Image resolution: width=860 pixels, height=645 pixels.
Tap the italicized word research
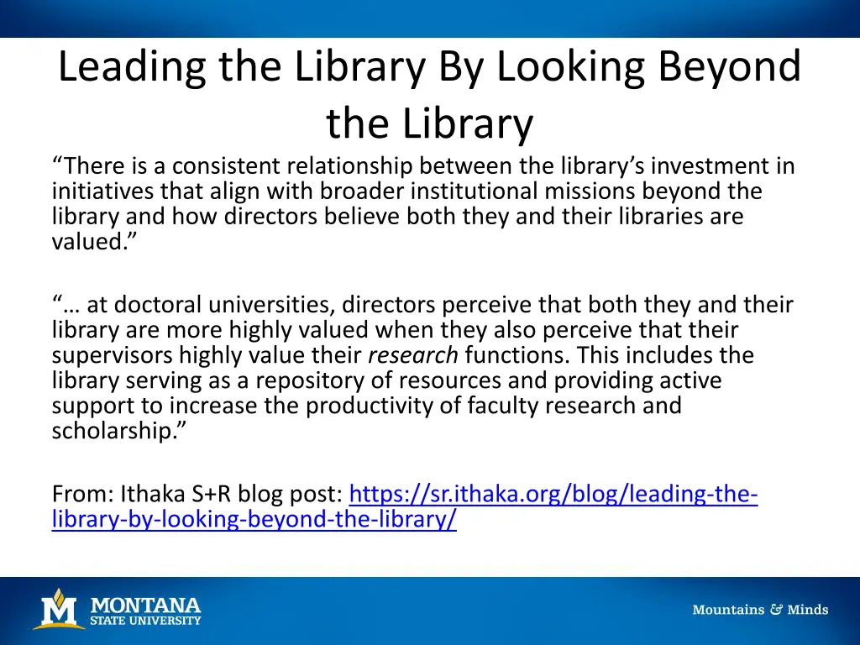pos(413,355)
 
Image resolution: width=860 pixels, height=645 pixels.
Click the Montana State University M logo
pos(58,609)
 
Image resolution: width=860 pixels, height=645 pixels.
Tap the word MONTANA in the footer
pos(145,605)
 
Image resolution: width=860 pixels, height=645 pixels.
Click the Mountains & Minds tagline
pos(760,610)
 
